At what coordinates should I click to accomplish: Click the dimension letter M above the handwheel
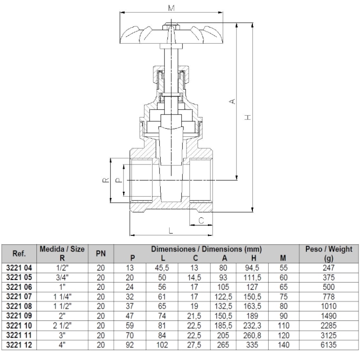[x=171, y=8]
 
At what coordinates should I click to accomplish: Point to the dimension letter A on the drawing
[x=233, y=101]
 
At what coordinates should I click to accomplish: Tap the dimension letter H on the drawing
[x=248, y=117]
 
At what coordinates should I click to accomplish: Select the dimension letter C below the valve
[x=201, y=220]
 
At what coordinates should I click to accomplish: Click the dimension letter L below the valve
[x=171, y=230]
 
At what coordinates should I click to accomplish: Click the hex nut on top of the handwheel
[x=170, y=26]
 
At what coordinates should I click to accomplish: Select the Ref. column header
[x=19, y=253]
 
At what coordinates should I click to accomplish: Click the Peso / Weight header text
[x=329, y=249]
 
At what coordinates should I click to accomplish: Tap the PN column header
[x=101, y=253]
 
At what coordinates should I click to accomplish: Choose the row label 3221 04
[x=19, y=268]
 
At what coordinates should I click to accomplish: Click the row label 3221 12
[x=19, y=345]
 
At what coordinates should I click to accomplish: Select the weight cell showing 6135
[x=329, y=345]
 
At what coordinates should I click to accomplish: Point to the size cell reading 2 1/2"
[x=62, y=325]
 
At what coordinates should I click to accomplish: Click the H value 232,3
[x=252, y=325]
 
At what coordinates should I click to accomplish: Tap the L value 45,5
[x=162, y=268]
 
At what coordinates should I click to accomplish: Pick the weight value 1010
[x=329, y=306]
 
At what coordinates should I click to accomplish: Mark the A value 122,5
[x=224, y=297]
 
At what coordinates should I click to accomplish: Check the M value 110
[x=284, y=325]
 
